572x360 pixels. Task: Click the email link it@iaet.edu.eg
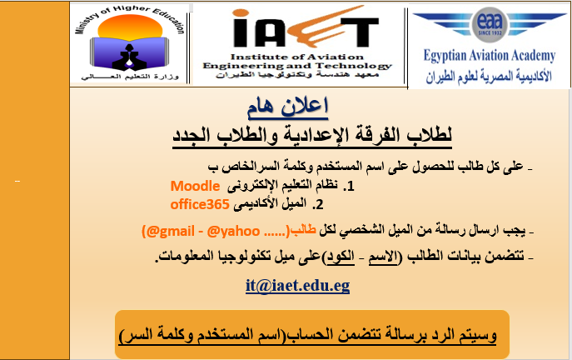pyautogui.click(x=297, y=286)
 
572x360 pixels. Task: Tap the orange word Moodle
pyautogui.click(x=195, y=186)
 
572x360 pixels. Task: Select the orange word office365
pyautogui.click(x=200, y=204)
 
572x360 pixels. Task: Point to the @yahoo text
pyautogui.click(x=233, y=232)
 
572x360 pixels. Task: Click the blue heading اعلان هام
pyautogui.click(x=288, y=107)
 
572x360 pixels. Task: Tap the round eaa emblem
pyautogui.click(x=490, y=23)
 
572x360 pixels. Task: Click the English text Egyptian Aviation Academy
pyautogui.click(x=490, y=56)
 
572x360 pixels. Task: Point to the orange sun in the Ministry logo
pyautogui.click(x=130, y=27)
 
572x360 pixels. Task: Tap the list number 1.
pyautogui.click(x=349, y=187)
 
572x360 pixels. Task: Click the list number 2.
pyautogui.click(x=318, y=204)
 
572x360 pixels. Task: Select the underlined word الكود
pyautogui.click(x=341, y=257)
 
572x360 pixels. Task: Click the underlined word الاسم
pyautogui.click(x=383, y=257)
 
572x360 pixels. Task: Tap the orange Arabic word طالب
pyautogui.click(x=303, y=230)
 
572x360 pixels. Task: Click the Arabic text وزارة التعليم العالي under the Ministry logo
pyautogui.click(x=130, y=77)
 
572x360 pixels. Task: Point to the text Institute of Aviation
pyautogui.click(x=297, y=57)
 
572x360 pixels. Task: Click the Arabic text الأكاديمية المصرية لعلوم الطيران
pyautogui.click(x=489, y=77)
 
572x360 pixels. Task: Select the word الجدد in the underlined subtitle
pyautogui.click(x=191, y=135)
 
